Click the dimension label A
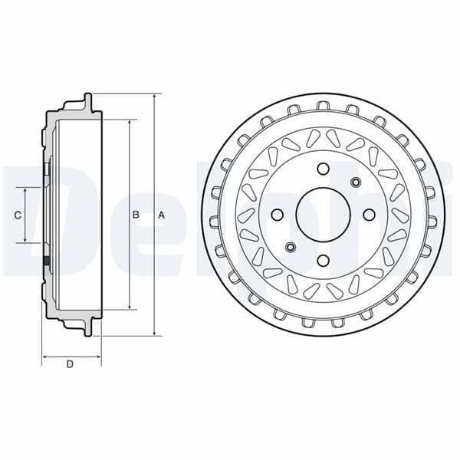161,215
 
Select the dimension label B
136,215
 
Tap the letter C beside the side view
18,215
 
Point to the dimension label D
70,365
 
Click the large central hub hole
323,214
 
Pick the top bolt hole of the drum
323,169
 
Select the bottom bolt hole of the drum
323,260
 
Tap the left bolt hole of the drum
278,215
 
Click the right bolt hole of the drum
369,215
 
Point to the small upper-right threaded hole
355,182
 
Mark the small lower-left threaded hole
291,247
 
